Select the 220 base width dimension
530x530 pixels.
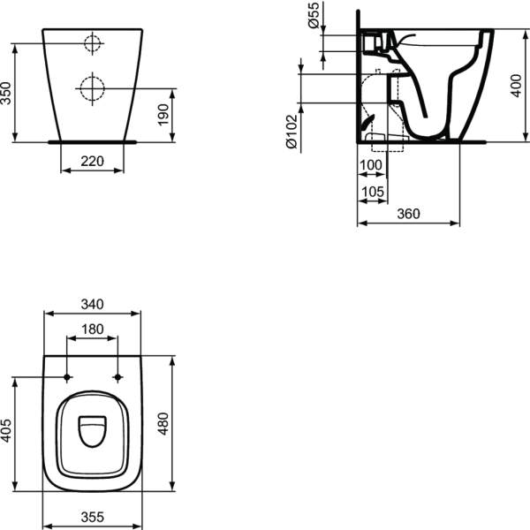[93, 161]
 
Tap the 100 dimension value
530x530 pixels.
[371, 165]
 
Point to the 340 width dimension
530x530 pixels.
[93, 304]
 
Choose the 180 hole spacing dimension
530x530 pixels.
[93, 329]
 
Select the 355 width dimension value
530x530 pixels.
[93, 516]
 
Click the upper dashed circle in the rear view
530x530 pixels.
[92, 43]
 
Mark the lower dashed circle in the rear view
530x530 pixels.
[92, 87]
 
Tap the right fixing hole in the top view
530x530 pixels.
[117, 378]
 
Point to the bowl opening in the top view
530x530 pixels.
[93, 431]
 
